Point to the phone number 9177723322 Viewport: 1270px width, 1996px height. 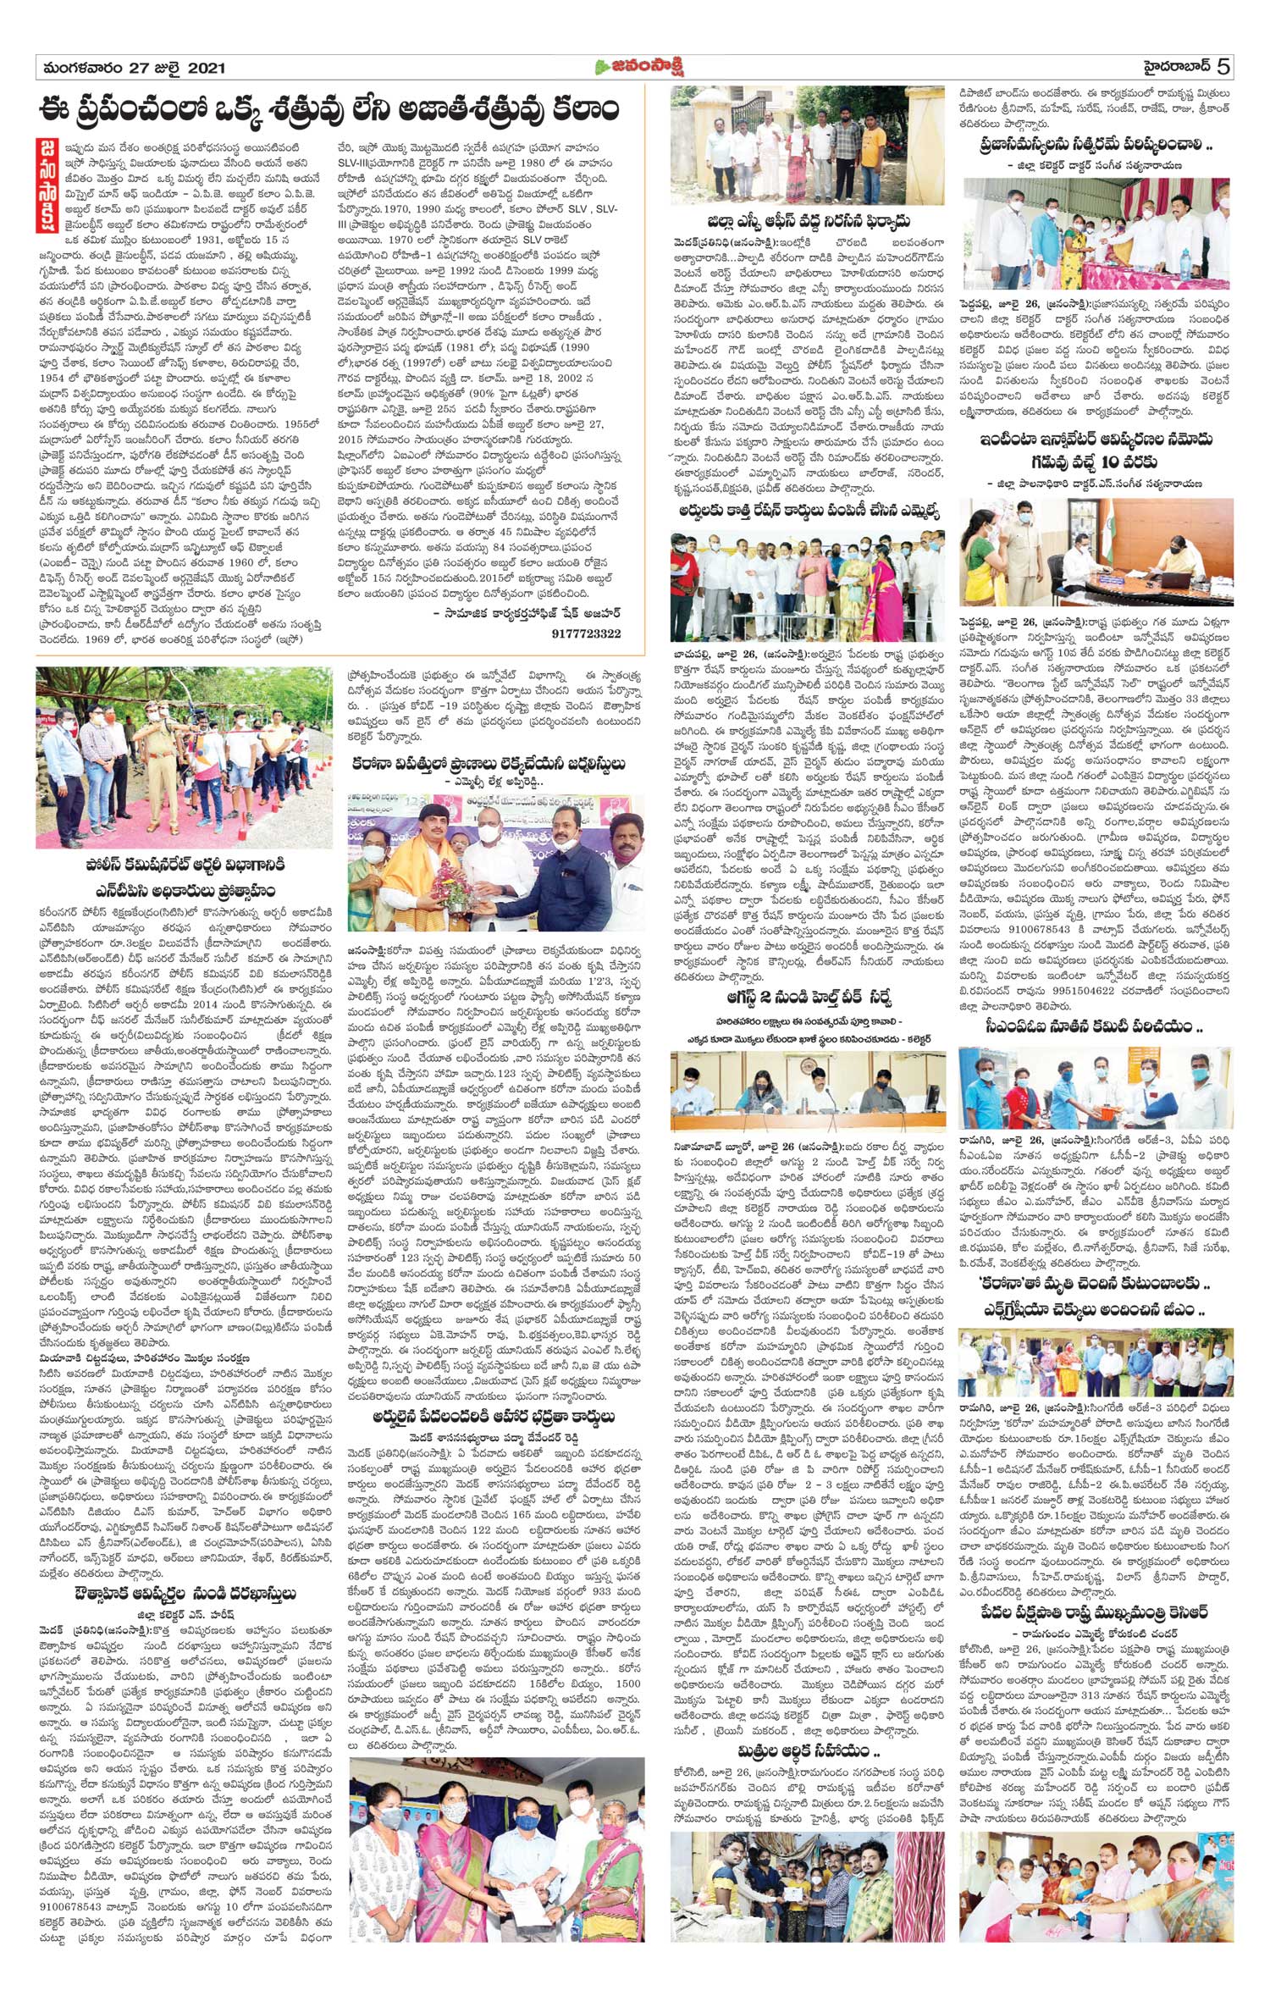586,633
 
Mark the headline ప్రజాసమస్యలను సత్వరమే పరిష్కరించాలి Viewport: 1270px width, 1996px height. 1096,145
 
